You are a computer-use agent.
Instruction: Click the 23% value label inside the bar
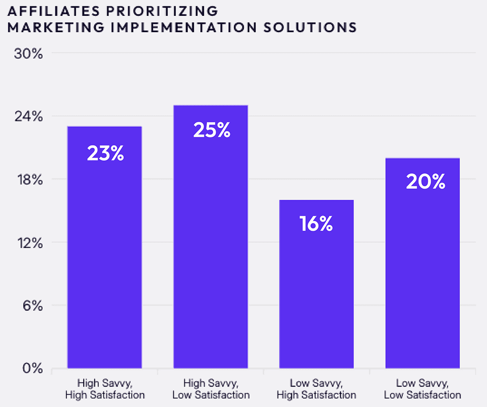105,154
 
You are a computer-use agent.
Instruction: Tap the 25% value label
212,131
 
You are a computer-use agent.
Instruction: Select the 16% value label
316,224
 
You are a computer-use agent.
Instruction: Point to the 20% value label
425,182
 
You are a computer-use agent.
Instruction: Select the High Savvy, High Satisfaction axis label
105,389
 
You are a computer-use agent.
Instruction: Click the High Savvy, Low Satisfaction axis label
211,389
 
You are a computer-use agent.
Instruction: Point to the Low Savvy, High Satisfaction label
316,389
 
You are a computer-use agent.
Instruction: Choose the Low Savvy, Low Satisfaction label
423,389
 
